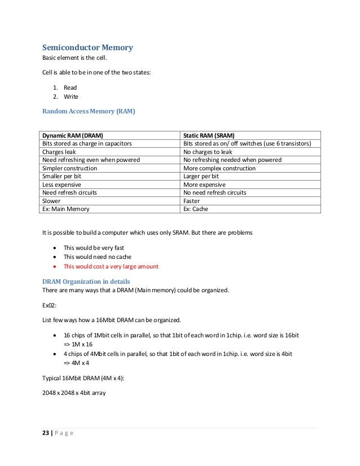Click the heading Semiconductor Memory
[87, 47]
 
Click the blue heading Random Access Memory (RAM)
[89, 111]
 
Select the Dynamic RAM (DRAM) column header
[73, 135]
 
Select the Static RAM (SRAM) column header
[209, 135]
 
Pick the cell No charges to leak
[208, 152]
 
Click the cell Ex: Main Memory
[66, 209]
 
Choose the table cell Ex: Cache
[196, 209]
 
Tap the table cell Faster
[192, 201]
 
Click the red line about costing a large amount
[111, 266]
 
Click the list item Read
[70, 87]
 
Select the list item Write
[71, 96]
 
